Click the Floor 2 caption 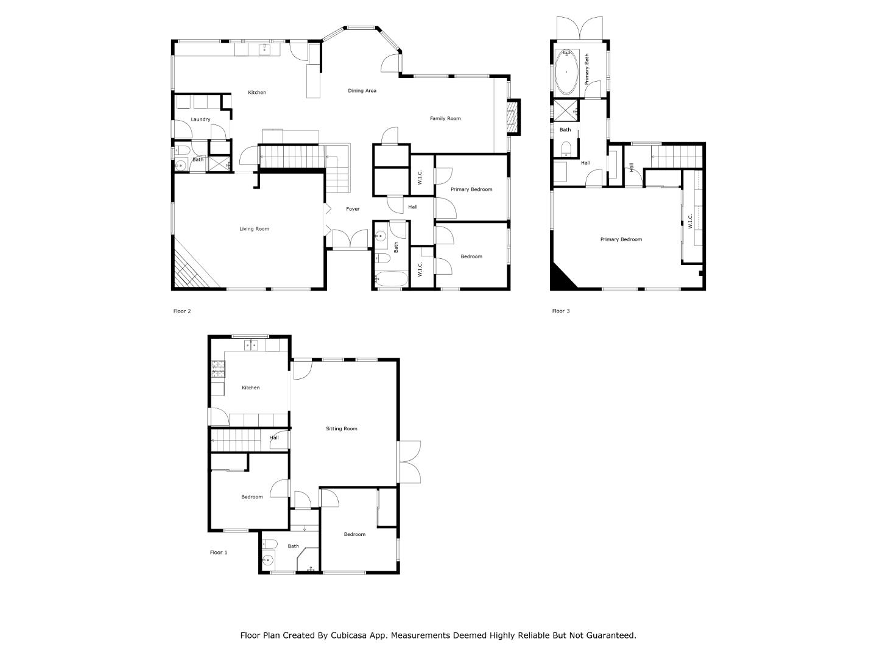click(x=182, y=311)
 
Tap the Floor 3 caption click(x=561, y=311)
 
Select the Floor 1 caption click(x=219, y=553)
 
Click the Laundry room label click(x=200, y=119)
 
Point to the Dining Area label click(x=362, y=91)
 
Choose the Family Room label click(x=445, y=119)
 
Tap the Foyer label click(x=353, y=209)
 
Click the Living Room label click(x=254, y=229)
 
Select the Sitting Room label click(x=342, y=429)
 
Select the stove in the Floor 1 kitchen click(x=218, y=368)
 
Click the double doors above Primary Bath click(x=581, y=28)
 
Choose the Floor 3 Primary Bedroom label click(x=621, y=239)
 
